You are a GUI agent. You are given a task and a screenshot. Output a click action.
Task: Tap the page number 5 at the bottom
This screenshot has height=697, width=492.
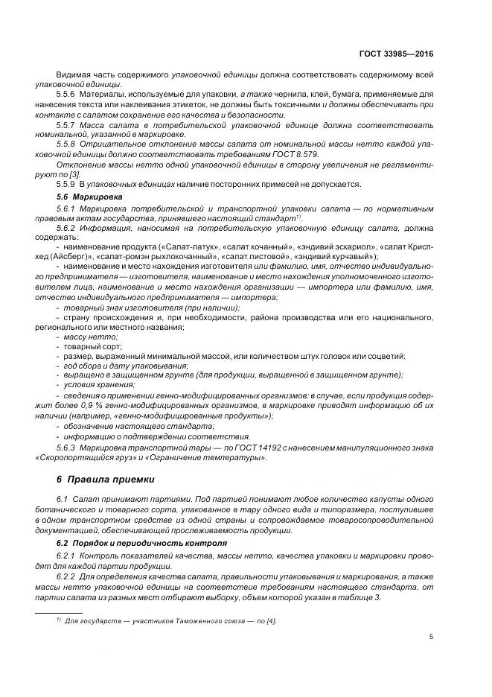[x=432, y=637]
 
